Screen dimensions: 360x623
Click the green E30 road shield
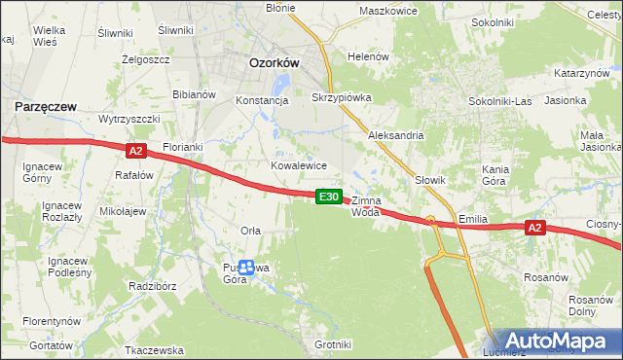click(x=330, y=197)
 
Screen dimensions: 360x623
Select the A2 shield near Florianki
click(x=135, y=151)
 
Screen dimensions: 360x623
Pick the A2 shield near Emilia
click(x=534, y=228)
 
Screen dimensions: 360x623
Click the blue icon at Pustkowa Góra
click(x=247, y=268)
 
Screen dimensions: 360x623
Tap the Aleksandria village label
click(x=395, y=135)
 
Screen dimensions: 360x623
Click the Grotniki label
click(x=332, y=344)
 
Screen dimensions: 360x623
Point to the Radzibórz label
click(x=152, y=286)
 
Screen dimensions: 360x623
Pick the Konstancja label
click(x=263, y=99)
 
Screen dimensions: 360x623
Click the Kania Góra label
click(x=496, y=175)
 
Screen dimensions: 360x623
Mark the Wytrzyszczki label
click(x=129, y=118)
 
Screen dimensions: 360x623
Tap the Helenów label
click(x=369, y=56)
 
